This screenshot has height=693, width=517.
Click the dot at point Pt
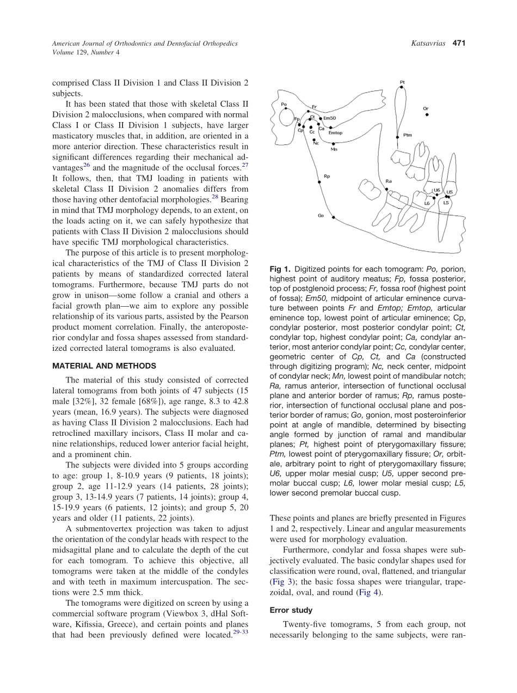[x=402, y=87]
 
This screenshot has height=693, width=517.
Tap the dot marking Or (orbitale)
[x=427, y=114]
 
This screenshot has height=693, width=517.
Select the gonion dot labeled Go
[x=333, y=217]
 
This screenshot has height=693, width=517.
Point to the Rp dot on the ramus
[x=319, y=182]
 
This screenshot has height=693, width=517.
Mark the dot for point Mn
[x=333, y=143]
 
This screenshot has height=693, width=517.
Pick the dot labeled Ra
[x=386, y=189]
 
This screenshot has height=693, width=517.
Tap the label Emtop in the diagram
[x=335, y=132]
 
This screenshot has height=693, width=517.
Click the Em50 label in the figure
[x=330, y=118]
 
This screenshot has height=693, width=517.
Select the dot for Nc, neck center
[x=314, y=139]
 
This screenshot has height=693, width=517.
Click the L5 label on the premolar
[x=446, y=203]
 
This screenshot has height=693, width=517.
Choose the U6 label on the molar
[x=436, y=190]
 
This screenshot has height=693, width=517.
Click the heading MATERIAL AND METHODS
[x=104, y=366]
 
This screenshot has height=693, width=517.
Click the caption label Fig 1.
[x=280, y=269]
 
